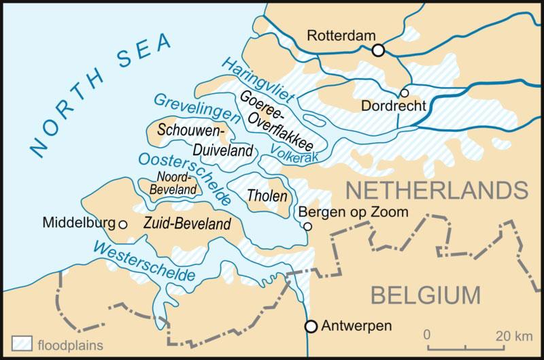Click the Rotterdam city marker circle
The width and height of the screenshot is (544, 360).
tap(379, 50)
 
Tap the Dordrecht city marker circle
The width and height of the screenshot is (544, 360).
tap(405, 93)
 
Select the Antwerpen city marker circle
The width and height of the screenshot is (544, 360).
tap(311, 326)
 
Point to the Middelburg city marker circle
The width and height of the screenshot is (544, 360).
tap(122, 223)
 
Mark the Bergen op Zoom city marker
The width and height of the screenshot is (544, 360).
tap(307, 226)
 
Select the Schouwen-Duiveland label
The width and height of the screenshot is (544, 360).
tap(206, 139)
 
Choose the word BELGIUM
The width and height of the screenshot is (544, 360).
tap(425, 295)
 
